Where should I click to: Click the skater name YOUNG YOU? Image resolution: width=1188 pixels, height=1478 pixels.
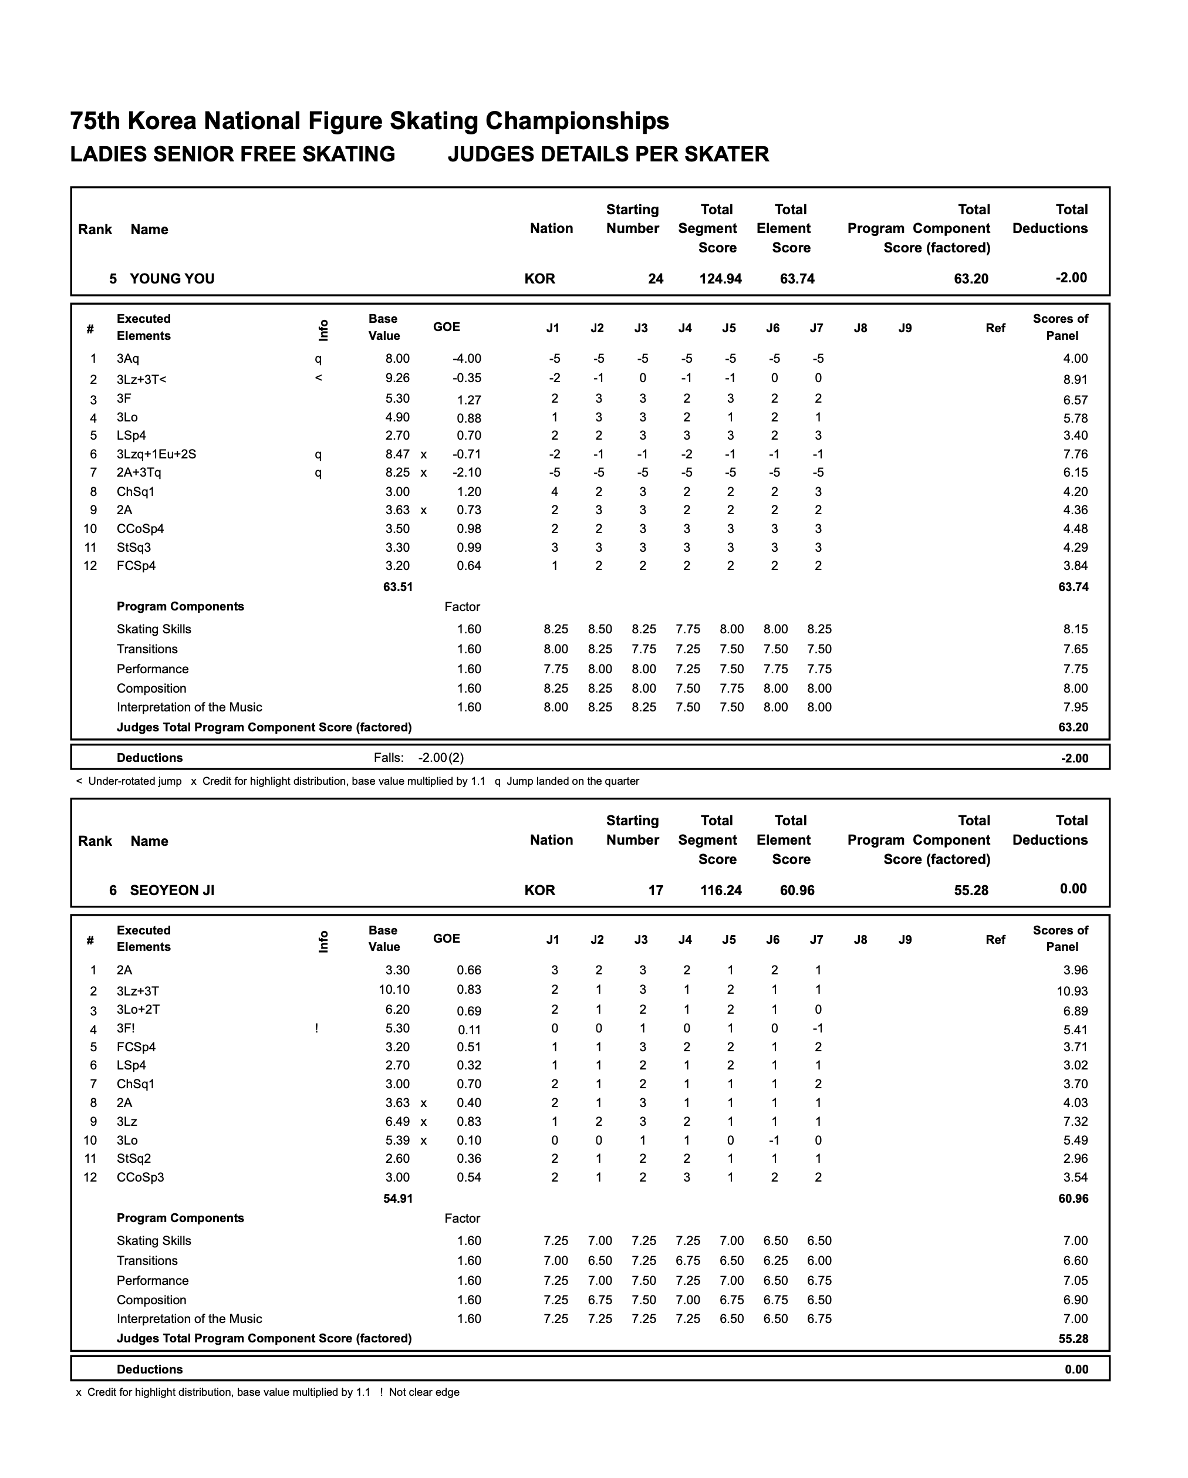click(171, 279)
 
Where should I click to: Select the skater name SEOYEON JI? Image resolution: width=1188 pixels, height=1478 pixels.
click(171, 890)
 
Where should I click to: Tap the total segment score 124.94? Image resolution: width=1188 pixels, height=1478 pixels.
click(720, 279)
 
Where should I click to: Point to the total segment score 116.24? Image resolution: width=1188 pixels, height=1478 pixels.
click(720, 890)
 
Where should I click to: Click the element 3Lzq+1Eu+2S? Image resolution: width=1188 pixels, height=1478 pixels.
click(156, 454)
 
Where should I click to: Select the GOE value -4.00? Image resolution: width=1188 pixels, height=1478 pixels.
click(467, 359)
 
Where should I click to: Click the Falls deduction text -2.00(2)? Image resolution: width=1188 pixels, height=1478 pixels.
click(441, 758)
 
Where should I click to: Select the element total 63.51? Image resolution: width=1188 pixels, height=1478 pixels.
click(397, 587)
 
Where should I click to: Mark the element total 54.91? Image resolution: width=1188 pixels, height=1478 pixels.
click(397, 1198)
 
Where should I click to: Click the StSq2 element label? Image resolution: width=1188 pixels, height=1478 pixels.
click(134, 1159)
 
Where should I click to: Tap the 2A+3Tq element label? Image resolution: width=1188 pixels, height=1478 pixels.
click(139, 473)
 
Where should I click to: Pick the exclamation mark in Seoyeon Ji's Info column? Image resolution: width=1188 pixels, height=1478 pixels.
click(317, 1028)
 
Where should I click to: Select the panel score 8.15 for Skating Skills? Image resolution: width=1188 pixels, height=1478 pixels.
click(1075, 629)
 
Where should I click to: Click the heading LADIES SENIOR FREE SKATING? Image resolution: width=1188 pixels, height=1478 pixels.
click(232, 154)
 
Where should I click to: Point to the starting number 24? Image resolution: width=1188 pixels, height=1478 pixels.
click(656, 279)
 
